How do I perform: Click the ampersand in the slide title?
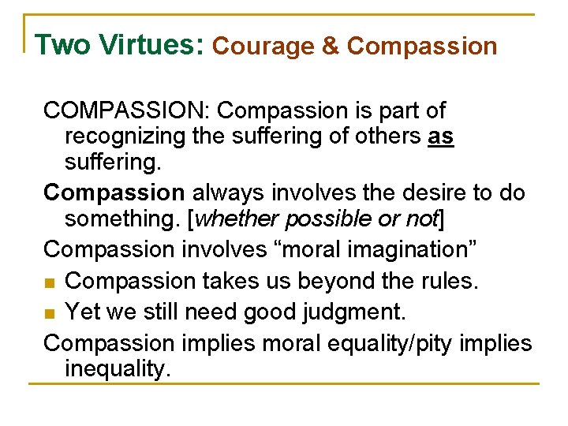tap(331, 47)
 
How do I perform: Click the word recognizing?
tap(125, 136)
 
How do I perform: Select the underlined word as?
tap(440, 136)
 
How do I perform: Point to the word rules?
tap(452, 282)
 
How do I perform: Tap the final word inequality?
tap(118, 369)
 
